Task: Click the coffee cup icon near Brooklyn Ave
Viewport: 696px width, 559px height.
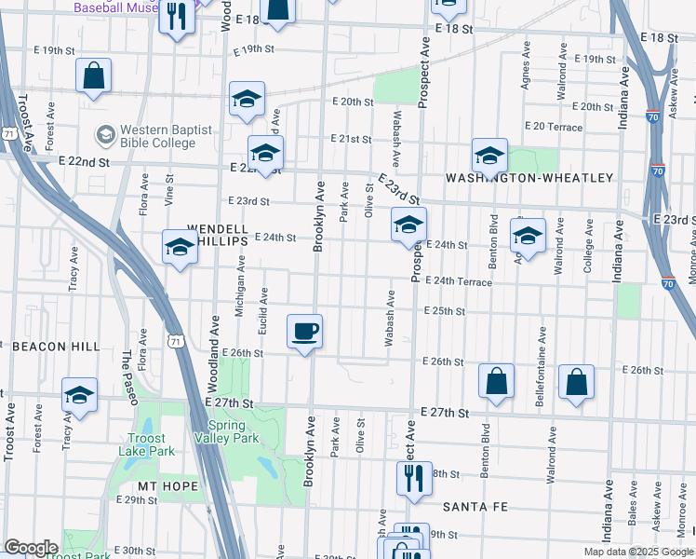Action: tap(305, 332)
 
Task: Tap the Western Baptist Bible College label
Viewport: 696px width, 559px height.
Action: tap(156, 136)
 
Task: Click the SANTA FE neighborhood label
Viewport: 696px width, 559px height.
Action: tap(474, 507)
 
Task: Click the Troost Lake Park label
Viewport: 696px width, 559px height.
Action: tap(142, 444)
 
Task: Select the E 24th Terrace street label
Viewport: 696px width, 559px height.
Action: tap(459, 281)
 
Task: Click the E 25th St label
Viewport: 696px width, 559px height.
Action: tap(444, 311)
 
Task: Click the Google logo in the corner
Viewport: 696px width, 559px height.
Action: tap(32, 548)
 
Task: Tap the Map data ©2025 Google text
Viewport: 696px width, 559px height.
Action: tap(638, 552)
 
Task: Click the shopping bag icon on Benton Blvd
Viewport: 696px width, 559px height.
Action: tap(497, 380)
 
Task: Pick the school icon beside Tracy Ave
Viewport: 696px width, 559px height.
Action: tap(80, 395)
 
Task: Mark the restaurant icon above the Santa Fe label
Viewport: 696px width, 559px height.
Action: tap(413, 478)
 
